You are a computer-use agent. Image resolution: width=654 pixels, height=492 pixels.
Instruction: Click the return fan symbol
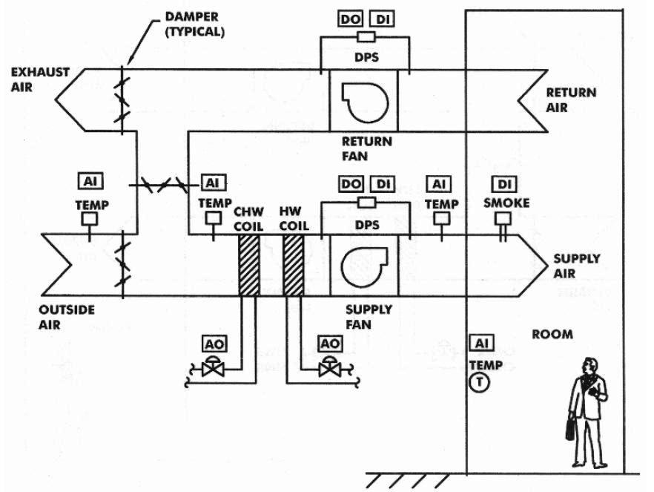coord(365,102)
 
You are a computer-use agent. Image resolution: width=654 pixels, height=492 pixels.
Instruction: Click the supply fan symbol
coord(365,266)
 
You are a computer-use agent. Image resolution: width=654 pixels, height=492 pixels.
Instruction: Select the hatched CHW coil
coord(249,266)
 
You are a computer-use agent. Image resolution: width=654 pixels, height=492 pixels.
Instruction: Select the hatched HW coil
coord(293,266)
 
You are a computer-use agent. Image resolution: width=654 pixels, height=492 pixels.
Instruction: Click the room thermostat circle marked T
coord(479,382)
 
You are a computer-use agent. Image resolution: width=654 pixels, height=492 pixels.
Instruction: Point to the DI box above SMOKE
coord(505,184)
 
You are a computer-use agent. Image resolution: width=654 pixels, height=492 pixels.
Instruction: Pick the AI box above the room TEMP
coord(481,343)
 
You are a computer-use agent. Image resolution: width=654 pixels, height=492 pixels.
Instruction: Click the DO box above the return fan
coord(350,19)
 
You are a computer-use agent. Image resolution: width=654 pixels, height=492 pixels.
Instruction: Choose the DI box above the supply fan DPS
coord(383,184)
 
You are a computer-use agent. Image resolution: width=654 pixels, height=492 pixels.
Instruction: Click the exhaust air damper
coord(122,100)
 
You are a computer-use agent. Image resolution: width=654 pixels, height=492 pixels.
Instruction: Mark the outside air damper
coord(122,264)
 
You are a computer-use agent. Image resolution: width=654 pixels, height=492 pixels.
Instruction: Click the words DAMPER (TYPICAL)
coord(195,24)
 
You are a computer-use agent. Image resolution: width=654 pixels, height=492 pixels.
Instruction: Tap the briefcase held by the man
coord(569,427)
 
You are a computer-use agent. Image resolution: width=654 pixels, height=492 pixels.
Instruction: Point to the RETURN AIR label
coord(571,99)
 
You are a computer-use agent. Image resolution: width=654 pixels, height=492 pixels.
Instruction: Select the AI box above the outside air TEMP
coord(90,181)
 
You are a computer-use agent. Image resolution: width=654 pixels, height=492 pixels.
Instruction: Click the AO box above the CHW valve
coord(214,344)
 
